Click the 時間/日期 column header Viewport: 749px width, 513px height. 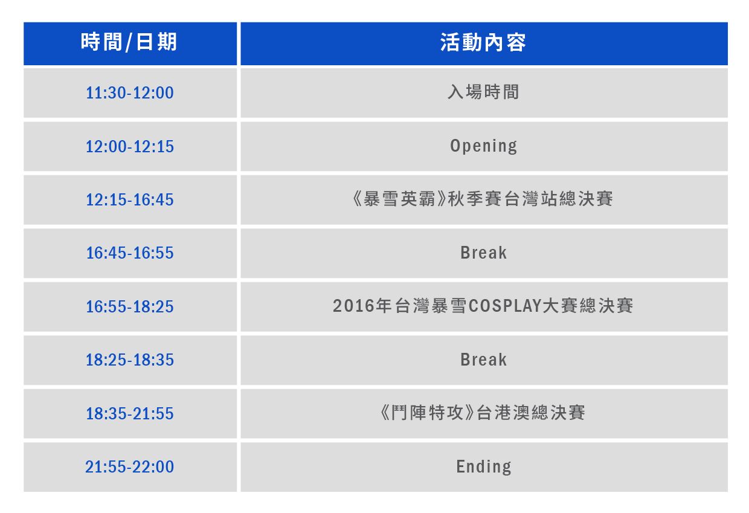point(129,42)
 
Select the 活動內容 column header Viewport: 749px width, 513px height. point(483,42)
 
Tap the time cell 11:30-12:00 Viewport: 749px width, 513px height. point(130,92)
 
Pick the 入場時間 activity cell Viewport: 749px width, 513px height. point(483,92)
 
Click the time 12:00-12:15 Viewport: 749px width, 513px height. point(130,146)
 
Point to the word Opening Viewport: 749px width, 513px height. point(483,146)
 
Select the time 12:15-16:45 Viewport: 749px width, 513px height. point(130,199)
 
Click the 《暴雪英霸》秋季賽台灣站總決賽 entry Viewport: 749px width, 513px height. point(483,199)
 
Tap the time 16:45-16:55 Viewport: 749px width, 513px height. point(130,253)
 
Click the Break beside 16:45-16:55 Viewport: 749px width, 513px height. point(483,253)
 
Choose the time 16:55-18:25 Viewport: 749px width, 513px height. point(130,307)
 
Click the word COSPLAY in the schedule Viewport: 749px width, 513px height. point(505,306)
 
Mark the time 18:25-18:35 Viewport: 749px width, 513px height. point(130,360)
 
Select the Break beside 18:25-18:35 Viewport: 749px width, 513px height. point(483,360)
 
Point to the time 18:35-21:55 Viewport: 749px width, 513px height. point(130,414)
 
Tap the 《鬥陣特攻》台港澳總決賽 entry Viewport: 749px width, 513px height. point(483,413)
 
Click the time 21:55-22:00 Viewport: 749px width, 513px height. point(130,467)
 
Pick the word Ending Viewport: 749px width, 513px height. point(484,467)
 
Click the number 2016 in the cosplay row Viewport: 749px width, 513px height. point(353,306)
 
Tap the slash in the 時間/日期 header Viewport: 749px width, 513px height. point(129,43)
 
